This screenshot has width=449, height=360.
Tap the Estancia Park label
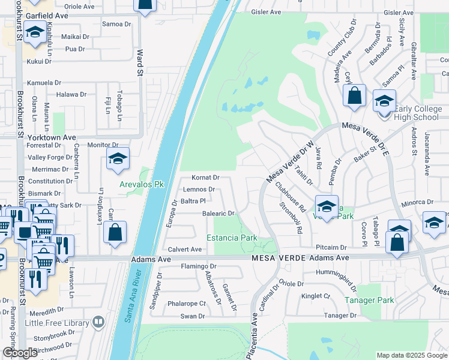pos(232,238)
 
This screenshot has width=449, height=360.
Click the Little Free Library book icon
pos(98,322)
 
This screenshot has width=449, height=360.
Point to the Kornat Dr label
pos(205,178)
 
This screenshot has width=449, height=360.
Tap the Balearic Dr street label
pos(218,213)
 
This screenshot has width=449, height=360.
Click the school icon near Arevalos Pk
pos(118,158)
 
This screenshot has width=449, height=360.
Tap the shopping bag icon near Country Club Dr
pos(354,95)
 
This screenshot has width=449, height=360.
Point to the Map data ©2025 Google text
pos(412,355)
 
